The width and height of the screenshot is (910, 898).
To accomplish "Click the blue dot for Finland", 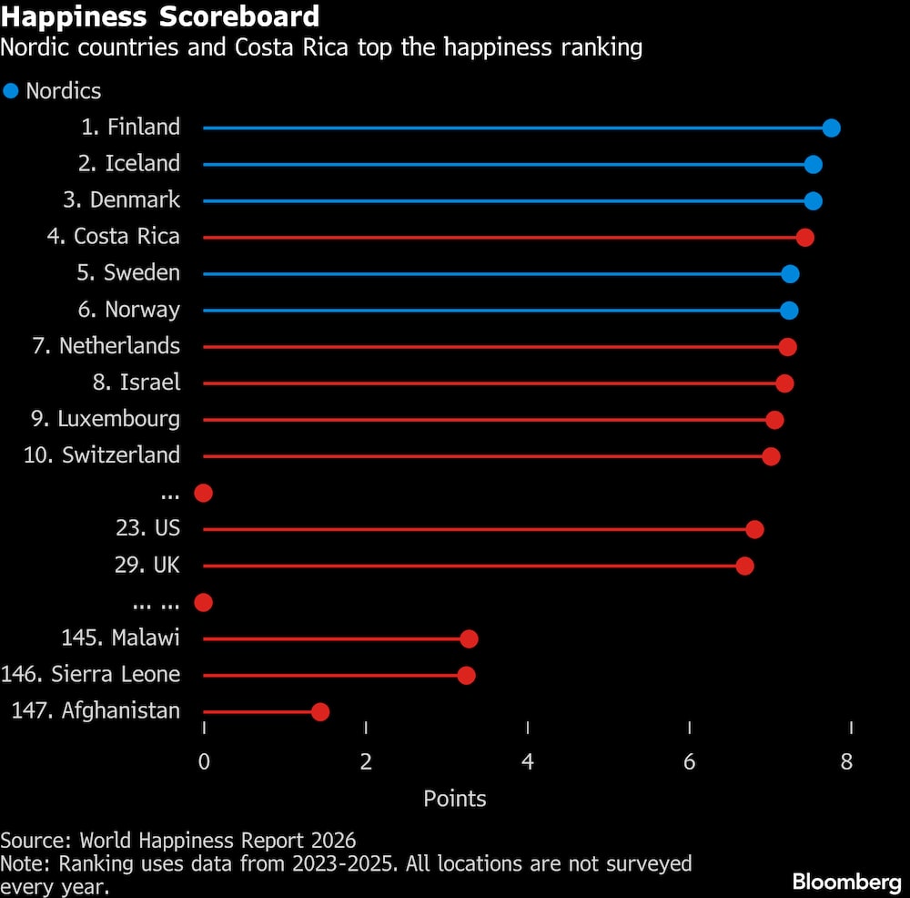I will coord(830,128).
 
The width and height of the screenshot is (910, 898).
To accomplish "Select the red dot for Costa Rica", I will coord(804,237).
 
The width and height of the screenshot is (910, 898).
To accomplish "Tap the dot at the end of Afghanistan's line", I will coord(319,711).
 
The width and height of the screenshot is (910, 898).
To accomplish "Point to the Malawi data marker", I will coord(469,638).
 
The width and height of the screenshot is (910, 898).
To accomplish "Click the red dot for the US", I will coord(753,529).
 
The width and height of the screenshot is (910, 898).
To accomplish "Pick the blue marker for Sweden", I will coord(790,273).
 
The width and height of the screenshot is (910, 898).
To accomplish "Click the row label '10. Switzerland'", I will coord(102,455).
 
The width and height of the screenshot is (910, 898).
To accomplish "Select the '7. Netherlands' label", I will coord(106,346).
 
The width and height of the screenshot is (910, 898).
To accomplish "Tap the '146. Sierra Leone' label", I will coord(91,675).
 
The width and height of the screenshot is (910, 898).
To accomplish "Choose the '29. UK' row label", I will coord(142,566).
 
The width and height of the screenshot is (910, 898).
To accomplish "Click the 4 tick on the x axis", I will coord(528,761).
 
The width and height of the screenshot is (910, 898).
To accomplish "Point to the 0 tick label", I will coord(204,761).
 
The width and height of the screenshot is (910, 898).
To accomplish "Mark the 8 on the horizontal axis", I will coord(846,761).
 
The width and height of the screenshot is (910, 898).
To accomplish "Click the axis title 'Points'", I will coord(455,799).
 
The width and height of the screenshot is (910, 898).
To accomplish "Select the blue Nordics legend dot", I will coord(11,91).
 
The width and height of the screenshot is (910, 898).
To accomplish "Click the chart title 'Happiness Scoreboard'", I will coord(160,16).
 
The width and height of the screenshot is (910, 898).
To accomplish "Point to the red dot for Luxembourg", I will coord(774,419).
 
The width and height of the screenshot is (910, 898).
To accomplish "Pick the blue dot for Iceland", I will coord(813,164).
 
